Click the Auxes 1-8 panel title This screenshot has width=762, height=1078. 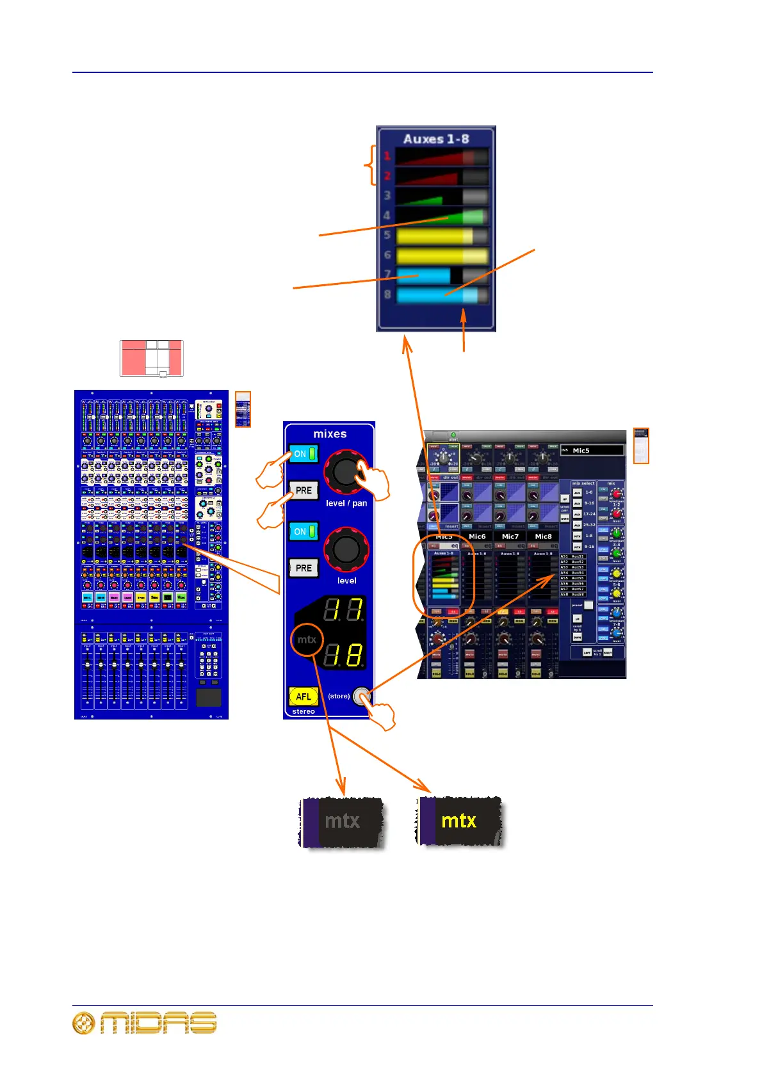436,139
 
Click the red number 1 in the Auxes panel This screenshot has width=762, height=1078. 387,156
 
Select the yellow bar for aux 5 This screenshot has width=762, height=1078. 435,236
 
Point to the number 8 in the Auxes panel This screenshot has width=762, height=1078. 387,295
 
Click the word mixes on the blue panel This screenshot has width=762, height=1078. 330,434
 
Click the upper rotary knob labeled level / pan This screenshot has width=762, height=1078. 346,471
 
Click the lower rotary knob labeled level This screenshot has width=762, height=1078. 346,549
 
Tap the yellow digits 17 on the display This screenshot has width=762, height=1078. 343,611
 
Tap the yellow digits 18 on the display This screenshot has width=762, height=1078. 343,656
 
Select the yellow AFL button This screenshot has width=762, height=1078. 304,696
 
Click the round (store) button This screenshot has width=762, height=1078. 361,696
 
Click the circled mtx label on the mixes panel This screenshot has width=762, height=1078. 307,640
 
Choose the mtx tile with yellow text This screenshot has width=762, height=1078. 460,821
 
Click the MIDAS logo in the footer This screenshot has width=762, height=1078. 145,1023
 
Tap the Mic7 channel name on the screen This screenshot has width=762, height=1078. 510,536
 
